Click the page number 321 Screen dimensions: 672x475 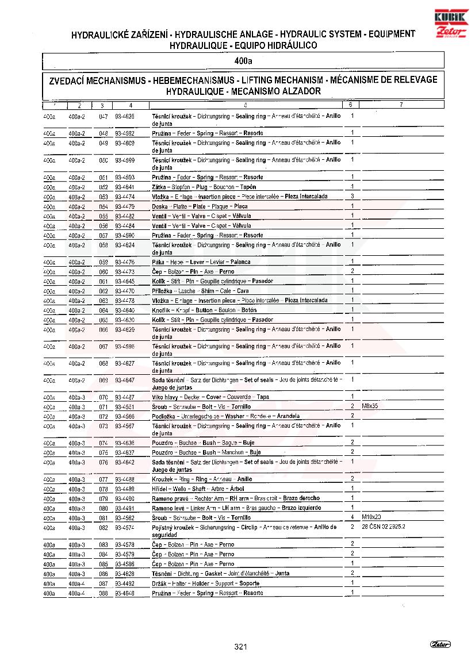pos(241,647)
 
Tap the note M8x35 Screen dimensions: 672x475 pos(370,406)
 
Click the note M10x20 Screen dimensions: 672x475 pos(371,517)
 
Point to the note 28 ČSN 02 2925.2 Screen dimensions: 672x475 pos(384,527)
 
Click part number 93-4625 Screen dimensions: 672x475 pos(125,116)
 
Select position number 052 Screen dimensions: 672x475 pos(104,187)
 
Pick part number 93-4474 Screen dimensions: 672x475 pos(125,197)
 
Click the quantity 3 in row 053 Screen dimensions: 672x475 pos(352,196)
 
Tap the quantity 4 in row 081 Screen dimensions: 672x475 pos(352,517)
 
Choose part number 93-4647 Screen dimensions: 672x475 pos(125,380)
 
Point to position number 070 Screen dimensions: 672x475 pos(104,397)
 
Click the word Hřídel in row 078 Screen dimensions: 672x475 pos(160,489)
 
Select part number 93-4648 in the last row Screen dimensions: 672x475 pos(125,593)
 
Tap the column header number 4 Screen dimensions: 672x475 pos(131,105)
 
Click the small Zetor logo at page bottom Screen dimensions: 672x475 pos(440,644)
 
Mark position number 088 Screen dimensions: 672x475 pos(104,593)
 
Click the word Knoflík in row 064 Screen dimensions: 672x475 pos(162,310)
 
